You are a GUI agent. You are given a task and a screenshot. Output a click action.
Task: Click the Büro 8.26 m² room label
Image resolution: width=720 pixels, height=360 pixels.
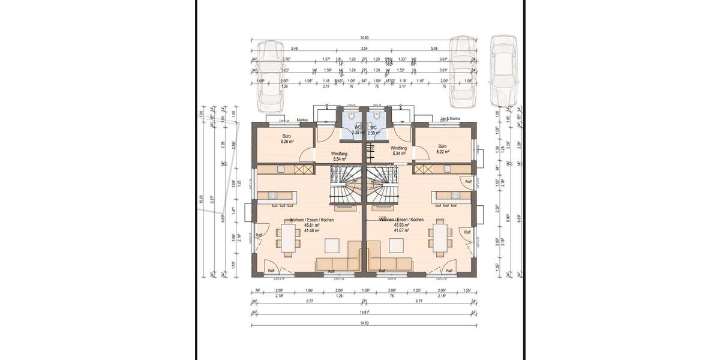[286, 139]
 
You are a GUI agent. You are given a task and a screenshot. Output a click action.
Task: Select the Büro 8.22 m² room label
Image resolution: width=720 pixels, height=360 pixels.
[443, 149]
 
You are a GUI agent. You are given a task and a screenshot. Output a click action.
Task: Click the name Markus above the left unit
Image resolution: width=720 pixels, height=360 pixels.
[302, 120]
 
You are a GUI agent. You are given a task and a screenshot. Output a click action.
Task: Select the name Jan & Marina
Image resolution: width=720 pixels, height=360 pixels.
[450, 119]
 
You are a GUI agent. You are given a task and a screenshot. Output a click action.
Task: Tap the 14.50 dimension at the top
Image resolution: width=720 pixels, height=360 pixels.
[365, 38]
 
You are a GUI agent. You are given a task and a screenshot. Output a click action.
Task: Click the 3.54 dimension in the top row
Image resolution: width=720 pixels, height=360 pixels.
[364, 48]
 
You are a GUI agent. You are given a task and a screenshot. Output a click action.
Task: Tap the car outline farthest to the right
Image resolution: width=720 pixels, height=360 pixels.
[503, 70]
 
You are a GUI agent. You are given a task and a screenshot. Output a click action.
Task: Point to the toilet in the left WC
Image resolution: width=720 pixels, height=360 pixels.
[350, 116]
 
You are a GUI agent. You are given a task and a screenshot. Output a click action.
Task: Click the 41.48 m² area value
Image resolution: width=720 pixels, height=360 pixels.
[311, 230]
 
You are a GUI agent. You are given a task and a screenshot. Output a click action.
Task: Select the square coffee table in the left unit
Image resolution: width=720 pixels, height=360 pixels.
[331, 245]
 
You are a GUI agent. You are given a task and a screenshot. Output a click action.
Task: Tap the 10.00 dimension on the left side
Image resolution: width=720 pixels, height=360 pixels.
[202, 197]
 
